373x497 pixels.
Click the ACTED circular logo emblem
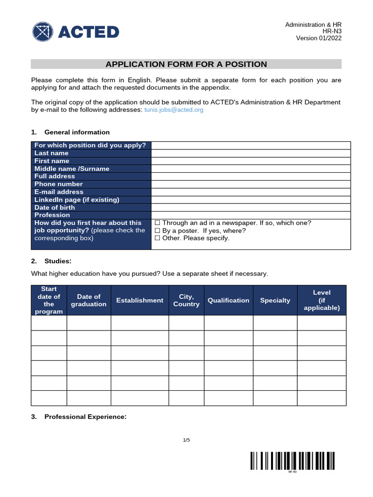(43, 32)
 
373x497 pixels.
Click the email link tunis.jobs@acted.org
(174, 110)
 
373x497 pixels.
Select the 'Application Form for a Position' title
(186, 64)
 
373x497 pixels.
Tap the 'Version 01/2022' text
(319, 38)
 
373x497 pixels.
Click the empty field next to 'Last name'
(251, 153)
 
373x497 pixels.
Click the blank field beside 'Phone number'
(251, 184)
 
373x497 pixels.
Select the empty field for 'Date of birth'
(251, 208)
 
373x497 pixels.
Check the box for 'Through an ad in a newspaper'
(157, 223)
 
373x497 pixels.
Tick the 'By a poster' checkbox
(157, 231)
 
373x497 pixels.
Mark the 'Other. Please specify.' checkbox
(157, 238)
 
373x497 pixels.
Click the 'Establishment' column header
(140, 300)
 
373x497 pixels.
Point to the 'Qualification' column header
(228, 300)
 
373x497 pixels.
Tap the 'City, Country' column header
(186, 300)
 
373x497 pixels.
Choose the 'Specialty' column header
(275, 300)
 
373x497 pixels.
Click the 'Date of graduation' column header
(88, 300)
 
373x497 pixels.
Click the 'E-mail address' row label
(59, 192)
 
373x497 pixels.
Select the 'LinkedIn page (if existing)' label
(77, 200)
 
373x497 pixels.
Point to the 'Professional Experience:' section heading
(85, 417)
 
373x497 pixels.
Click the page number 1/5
(186, 440)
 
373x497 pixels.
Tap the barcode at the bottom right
(292, 461)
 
